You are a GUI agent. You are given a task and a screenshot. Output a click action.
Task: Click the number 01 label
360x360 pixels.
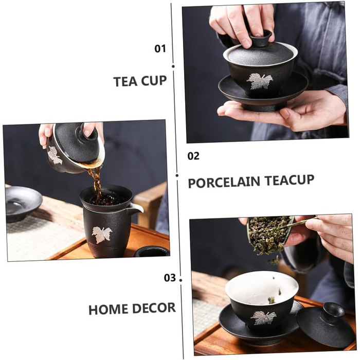point(160,49)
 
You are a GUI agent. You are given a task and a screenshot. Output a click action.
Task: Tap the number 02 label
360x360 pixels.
point(193,156)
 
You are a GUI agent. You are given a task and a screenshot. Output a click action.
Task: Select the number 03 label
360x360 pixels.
point(170,278)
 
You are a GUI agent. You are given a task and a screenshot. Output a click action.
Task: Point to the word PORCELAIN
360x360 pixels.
point(224,182)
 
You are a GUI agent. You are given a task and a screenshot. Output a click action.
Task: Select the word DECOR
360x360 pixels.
point(154,308)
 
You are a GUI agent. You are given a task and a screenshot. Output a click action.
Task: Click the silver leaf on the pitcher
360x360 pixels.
point(102,234)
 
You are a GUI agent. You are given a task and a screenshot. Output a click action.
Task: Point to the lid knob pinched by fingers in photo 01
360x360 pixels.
point(261,37)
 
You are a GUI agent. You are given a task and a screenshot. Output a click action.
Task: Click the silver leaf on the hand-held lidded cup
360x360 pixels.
point(260,81)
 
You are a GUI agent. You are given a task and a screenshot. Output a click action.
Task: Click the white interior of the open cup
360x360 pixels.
point(261,287)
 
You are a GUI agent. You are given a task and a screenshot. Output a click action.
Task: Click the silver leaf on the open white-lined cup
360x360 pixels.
point(263,317)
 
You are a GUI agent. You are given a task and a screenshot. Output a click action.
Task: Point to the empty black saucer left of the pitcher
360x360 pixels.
point(23,203)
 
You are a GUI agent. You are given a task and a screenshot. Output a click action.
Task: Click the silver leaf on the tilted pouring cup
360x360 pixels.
point(55,155)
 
